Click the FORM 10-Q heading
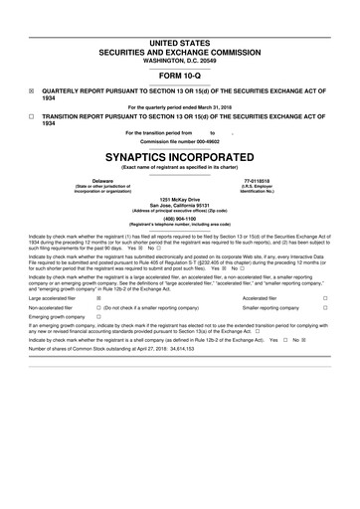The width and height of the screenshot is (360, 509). (x=180, y=76)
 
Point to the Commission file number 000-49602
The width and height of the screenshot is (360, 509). (x=180, y=141)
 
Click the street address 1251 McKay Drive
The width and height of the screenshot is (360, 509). (x=180, y=201)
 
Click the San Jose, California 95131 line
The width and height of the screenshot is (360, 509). (x=180, y=207)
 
